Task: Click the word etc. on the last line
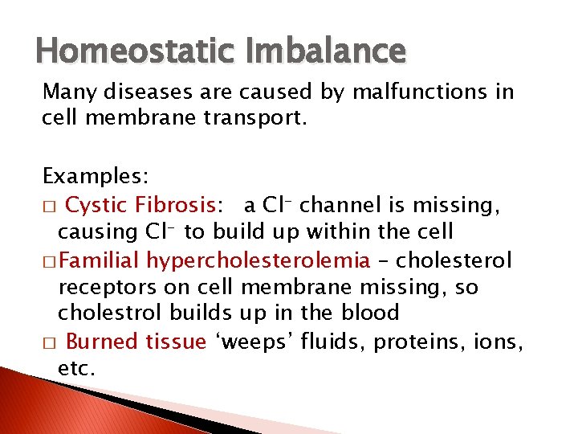(76, 369)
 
